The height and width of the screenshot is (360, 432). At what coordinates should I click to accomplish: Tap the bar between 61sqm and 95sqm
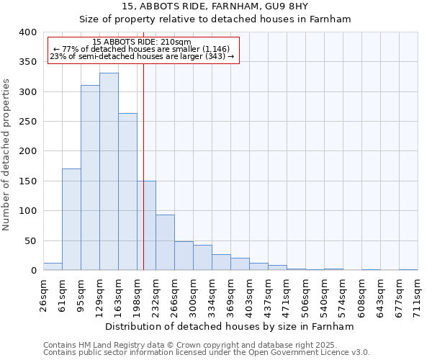tap(71, 220)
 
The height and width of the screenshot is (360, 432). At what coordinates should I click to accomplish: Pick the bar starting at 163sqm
tap(127, 192)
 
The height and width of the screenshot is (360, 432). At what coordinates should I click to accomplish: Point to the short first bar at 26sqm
tap(53, 266)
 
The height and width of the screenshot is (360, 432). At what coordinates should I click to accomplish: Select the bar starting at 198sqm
tap(146, 225)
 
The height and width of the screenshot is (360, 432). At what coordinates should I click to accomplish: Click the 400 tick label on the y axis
tap(27, 32)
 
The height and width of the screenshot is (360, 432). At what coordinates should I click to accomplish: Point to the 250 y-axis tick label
tap(27, 122)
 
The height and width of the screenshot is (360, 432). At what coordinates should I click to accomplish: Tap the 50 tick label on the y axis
tap(30, 240)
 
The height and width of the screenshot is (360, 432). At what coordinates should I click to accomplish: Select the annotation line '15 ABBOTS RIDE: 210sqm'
tap(143, 42)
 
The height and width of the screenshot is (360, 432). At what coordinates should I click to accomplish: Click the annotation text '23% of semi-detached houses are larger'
tap(143, 56)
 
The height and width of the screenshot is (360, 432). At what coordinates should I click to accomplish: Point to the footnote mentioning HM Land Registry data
tap(206, 345)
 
